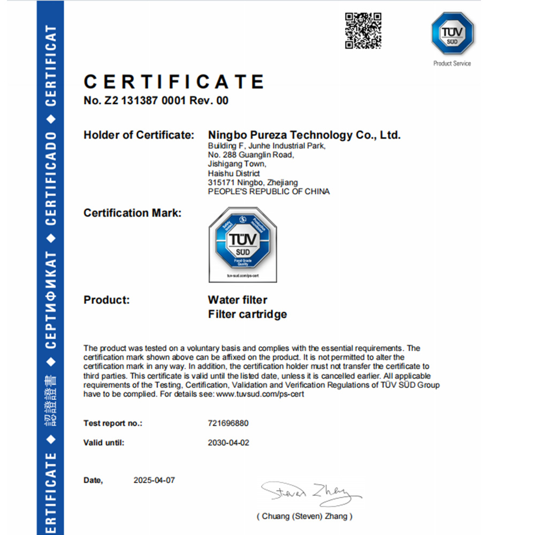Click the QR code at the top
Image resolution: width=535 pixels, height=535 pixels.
(363, 30)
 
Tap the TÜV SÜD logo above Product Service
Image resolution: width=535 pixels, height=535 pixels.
(452, 34)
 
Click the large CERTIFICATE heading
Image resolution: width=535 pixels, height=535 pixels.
(174, 82)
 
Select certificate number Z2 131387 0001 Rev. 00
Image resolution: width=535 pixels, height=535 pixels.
(156, 101)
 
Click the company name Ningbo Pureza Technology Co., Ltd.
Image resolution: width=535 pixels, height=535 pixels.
(304, 135)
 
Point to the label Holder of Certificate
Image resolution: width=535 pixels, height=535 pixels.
(139, 135)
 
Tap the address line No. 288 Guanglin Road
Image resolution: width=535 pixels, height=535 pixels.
(250, 155)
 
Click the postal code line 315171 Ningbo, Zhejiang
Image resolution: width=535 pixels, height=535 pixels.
(253, 182)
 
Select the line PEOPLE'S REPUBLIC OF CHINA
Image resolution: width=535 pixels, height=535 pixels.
(269, 192)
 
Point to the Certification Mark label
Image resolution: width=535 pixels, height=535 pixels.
(133, 213)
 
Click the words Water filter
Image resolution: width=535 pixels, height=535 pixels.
(237, 300)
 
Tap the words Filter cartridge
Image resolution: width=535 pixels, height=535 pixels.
(247, 314)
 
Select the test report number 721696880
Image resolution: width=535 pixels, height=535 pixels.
(228, 423)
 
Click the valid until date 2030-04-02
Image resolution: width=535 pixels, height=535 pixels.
(228, 443)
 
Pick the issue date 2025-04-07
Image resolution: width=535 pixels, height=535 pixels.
(154, 480)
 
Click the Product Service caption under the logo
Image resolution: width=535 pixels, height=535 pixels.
(452, 63)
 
